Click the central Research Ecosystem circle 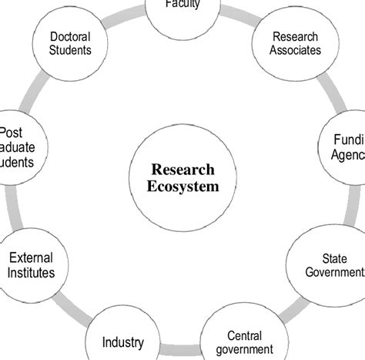(x=182, y=177)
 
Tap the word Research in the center (x=182, y=170)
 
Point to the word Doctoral (x=70, y=36)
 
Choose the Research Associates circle (x=296, y=43)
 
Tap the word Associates (x=296, y=51)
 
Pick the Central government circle (x=245, y=340)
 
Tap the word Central (x=245, y=335)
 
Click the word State (x=333, y=258)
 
